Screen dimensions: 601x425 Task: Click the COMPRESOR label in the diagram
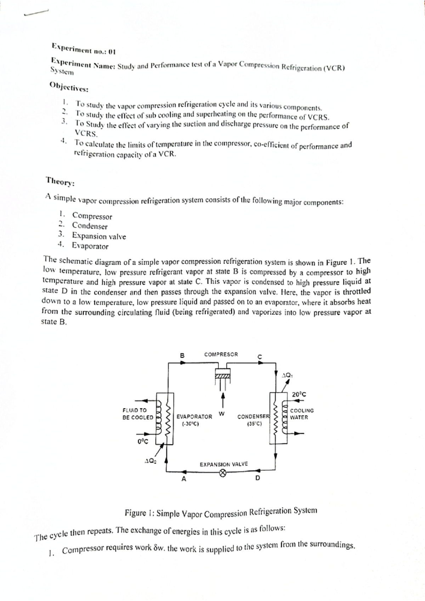221,354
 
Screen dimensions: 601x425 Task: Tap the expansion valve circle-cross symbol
222,473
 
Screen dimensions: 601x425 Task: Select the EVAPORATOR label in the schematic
194,417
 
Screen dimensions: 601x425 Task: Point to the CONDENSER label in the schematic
253,417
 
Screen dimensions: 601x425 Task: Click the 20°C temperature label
299,394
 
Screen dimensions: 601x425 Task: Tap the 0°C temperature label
143,441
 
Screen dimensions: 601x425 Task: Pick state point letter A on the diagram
183,479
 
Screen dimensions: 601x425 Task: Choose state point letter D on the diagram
257,478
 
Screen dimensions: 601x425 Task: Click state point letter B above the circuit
182,355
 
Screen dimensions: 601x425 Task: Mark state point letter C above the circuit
260,357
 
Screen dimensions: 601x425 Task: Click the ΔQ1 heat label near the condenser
287,375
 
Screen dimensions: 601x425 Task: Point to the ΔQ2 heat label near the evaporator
150,461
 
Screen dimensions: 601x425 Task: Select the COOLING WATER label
302,414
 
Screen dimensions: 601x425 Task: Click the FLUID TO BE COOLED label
138,414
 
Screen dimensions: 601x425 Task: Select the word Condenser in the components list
90,226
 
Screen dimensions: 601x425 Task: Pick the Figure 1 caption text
221,513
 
